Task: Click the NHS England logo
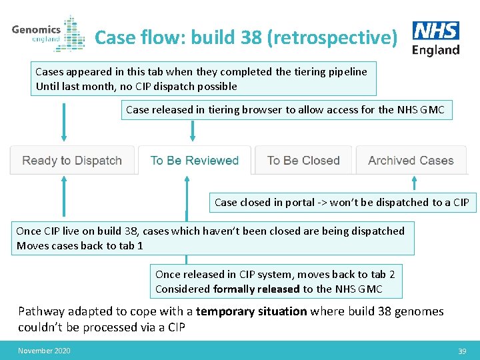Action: pos(436,38)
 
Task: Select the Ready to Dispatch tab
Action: pos(72,161)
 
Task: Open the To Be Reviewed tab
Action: pos(194,161)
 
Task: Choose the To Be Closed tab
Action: pos(303,161)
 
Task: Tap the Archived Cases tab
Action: pos(411,161)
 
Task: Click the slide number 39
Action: pos(462,351)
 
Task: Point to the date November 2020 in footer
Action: pos(44,351)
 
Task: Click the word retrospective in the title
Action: pos(331,37)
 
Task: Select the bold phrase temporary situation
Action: pos(251,311)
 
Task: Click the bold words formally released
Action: pos(256,289)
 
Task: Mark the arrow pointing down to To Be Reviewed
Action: pos(193,131)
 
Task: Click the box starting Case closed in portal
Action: pos(341,202)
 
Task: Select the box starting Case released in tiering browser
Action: pos(285,109)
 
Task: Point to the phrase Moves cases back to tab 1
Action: pos(80,245)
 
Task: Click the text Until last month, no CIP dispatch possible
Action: pos(136,86)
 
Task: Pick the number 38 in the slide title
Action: pos(251,37)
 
